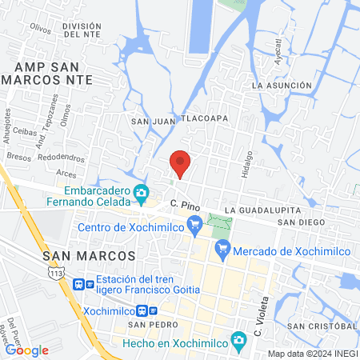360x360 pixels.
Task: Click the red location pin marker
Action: click(180, 163)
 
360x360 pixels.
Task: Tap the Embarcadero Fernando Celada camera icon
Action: click(142, 192)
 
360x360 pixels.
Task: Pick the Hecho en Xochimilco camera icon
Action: click(238, 340)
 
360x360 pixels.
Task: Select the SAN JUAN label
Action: click(151, 121)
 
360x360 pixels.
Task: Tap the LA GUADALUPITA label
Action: click(252, 210)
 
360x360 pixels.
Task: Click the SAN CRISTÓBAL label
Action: click(322, 326)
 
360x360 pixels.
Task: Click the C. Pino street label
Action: click(183, 206)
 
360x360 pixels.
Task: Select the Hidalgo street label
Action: click(247, 164)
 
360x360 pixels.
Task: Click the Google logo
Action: click(27, 350)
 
